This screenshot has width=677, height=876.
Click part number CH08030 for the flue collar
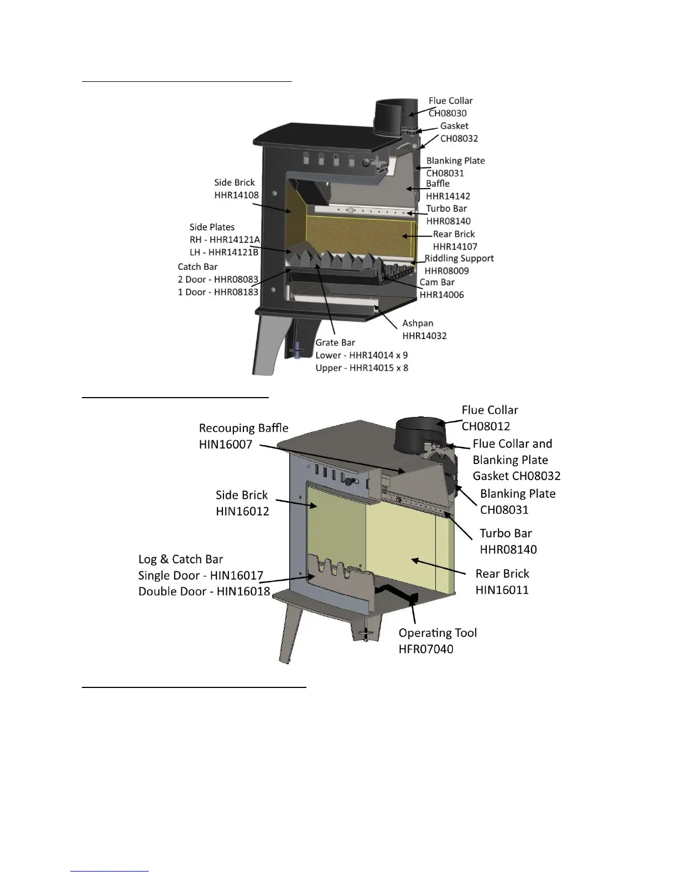[447, 113]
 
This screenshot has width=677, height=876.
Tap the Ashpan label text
[418, 324]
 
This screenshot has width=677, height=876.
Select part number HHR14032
[424, 336]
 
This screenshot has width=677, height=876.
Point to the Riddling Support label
[459, 258]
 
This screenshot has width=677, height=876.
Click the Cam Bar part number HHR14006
[441, 295]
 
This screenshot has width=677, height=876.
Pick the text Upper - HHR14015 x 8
[362, 368]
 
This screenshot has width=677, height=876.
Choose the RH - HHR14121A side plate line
[225, 240]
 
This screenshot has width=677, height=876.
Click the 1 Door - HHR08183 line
[218, 292]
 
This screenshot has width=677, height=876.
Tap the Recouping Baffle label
[243, 428]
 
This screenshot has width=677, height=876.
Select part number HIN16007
[226, 444]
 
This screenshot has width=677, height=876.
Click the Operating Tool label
[438, 633]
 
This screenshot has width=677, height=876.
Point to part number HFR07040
[426, 649]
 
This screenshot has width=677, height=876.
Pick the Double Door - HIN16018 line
[204, 591]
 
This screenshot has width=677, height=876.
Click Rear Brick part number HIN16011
[502, 590]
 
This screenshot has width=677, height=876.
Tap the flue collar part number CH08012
[486, 426]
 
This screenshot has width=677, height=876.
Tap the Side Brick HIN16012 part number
[242, 511]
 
